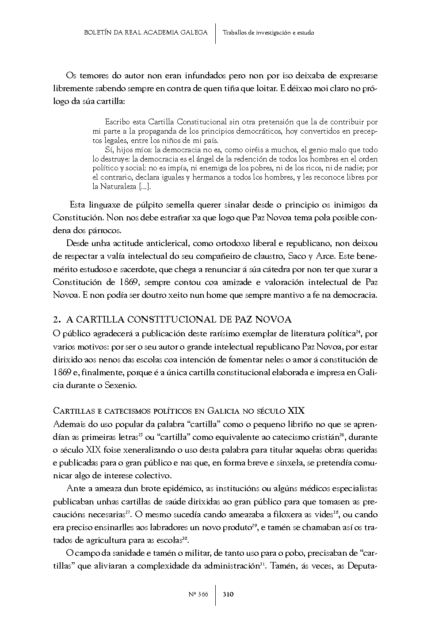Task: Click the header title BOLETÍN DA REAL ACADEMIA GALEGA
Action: tap(145, 32)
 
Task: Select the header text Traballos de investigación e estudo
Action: tap(268, 32)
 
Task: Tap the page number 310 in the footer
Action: tap(228, 594)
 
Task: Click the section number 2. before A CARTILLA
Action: tap(56, 319)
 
